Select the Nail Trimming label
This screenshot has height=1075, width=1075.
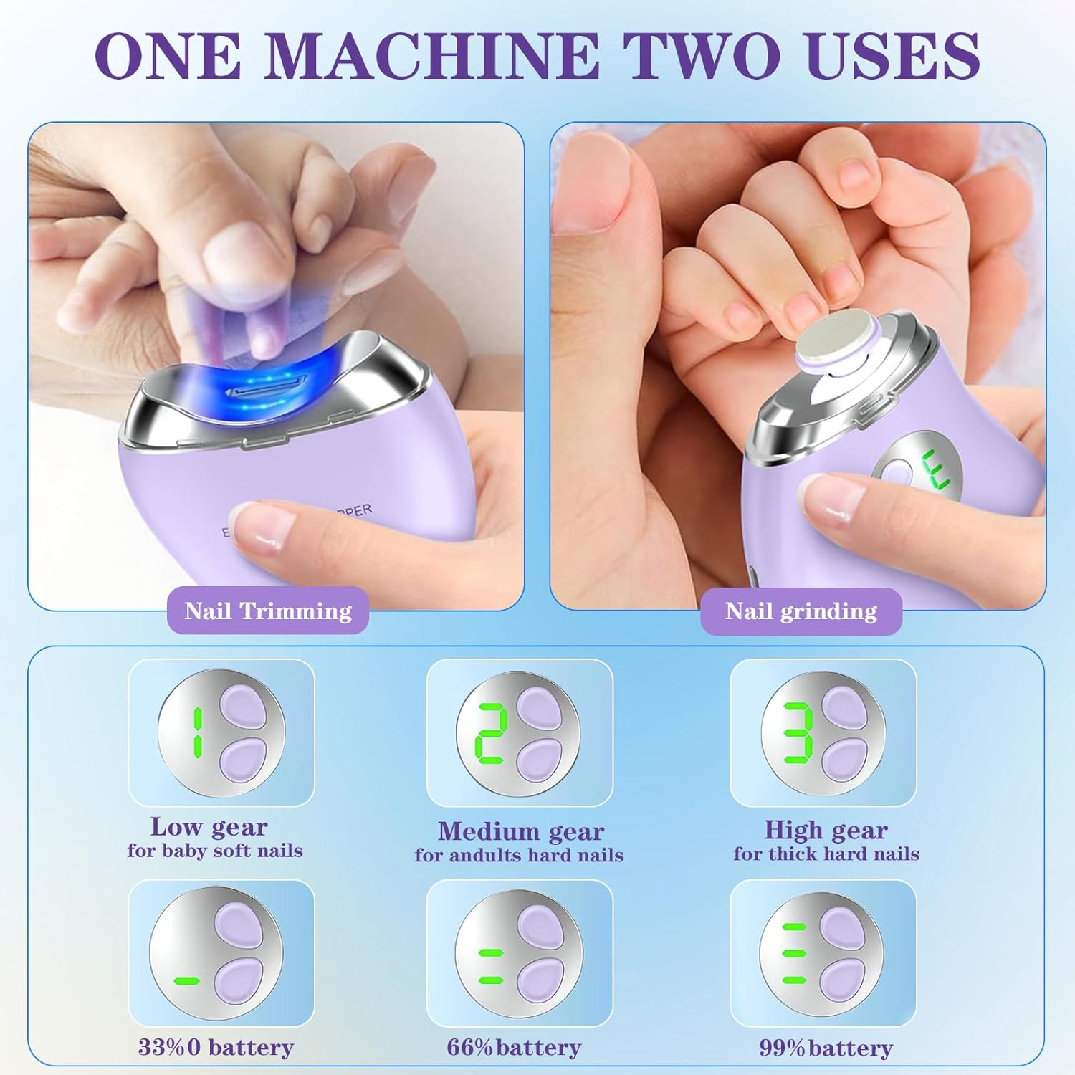[268, 611]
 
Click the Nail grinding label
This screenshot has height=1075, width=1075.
[801, 611]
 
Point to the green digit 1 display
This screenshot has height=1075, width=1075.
[197, 732]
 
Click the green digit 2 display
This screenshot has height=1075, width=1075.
[492, 733]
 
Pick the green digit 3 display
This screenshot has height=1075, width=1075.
[796, 733]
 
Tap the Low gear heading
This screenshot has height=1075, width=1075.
[209, 827]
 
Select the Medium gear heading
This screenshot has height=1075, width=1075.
[521, 831]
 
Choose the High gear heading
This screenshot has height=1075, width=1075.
[826, 830]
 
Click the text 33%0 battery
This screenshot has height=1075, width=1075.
[216, 1047]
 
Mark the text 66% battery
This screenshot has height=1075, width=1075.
[514, 1047]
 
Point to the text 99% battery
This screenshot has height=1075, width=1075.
[826, 1048]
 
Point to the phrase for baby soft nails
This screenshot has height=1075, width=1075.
[215, 851]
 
